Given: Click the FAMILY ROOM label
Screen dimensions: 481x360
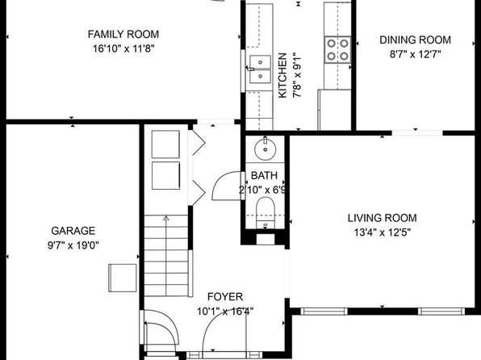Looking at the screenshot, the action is (x=123, y=34).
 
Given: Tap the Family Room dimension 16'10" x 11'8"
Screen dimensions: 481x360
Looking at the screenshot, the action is (x=123, y=48).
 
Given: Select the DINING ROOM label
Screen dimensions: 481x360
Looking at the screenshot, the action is (x=416, y=40).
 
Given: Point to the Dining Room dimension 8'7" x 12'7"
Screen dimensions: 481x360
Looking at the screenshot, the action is (x=416, y=55).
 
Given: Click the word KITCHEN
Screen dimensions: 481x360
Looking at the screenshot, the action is (x=282, y=76).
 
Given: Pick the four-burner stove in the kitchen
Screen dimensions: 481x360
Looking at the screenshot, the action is (x=337, y=50).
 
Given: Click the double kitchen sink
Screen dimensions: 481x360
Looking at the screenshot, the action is (x=260, y=69).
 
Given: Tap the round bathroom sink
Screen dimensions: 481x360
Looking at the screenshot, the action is (x=265, y=149).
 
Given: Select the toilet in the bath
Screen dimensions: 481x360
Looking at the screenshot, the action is (x=266, y=212).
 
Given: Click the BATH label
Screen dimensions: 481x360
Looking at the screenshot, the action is (x=264, y=175).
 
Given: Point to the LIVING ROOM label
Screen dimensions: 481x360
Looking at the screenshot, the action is (x=383, y=218).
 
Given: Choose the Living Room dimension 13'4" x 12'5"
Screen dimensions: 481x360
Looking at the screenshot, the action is (x=383, y=232).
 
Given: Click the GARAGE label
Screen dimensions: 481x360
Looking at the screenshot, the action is (x=73, y=231).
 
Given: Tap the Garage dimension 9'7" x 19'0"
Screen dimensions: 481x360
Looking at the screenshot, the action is (x=73, y=245).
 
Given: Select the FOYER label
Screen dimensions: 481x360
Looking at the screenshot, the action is (x=225, y=297).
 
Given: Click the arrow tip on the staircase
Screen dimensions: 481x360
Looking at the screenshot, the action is (x=166, y=216).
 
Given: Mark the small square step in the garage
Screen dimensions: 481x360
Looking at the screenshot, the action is (x=123, y=278).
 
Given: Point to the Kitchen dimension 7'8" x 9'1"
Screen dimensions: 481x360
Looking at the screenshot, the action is (x=297, y=77).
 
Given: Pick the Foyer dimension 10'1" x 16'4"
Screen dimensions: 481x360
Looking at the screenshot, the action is (x=225, y=312).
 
